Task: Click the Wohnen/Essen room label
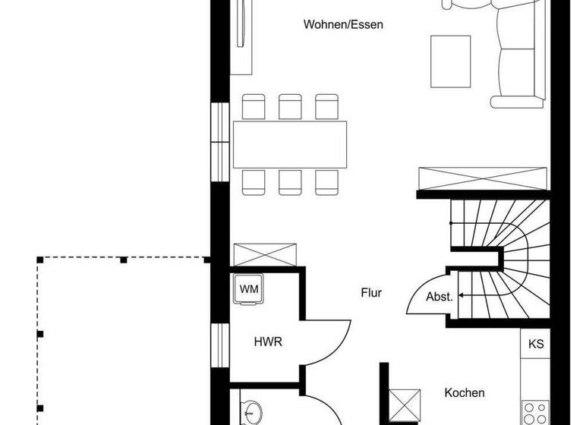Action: tap(343, 24)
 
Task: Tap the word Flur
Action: tap(371, 292)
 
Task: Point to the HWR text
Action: tap(268, 342)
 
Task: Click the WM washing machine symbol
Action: tap(248, 289)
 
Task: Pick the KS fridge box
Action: tap(536, 344)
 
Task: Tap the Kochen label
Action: tap(465, 392)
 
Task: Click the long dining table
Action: tap(290, 144)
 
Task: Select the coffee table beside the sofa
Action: tap(451, 61)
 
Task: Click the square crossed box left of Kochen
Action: tap(405, 404)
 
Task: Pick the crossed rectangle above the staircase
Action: tap(482, 181)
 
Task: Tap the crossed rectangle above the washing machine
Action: tap(263, 255)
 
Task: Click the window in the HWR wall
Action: tap(219, 346)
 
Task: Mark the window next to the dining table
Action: tap(219, 142)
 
